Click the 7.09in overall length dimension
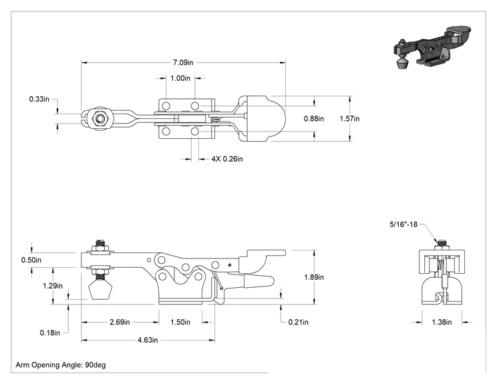coord(183,62)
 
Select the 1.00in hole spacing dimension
coord(180,78)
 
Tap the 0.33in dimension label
coord(39,99)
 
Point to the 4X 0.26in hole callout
coord(227,159)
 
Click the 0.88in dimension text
coord(314,118)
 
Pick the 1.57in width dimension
coord(349,118)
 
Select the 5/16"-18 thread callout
coord(403,224)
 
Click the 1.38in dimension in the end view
coord(442,322)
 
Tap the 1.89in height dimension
coord(314,277)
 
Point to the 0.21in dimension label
coord(298,322)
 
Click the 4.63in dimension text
coord(148,340)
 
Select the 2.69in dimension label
coord(120,322)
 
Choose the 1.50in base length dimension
coord(180,322)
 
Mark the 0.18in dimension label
coord(49,333)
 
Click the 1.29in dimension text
coord(53,286)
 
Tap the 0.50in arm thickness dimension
coord(31,260)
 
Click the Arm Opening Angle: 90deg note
coord(61,365)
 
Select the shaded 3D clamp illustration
coord(432,46)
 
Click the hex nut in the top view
coord(100,118)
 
